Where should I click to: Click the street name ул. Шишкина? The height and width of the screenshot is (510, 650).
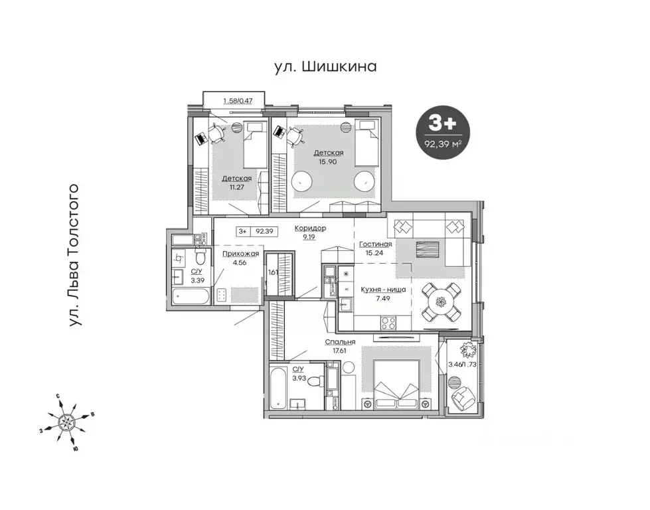coord(325,66)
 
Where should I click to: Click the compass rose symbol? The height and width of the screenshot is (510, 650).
coord(67,421)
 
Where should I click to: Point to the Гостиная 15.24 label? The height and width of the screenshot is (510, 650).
coord(376,248)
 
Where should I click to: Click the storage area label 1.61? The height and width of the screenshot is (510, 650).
coord(272,272)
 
